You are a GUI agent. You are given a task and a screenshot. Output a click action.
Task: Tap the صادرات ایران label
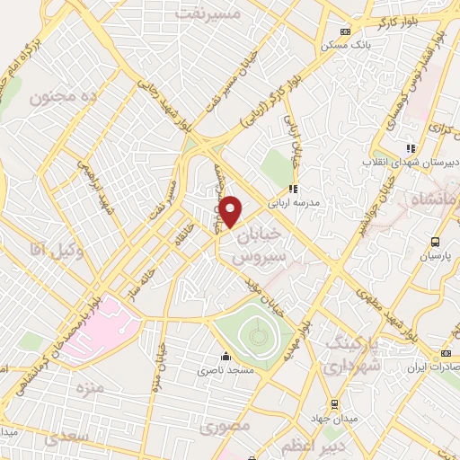pyautogui.click(x=428, y=367)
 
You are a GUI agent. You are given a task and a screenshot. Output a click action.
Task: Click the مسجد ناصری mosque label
pyautogui.click(x=233, y=369)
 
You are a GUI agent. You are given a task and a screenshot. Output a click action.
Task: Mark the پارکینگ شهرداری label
pyautogui.click(x=353, y=355)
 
